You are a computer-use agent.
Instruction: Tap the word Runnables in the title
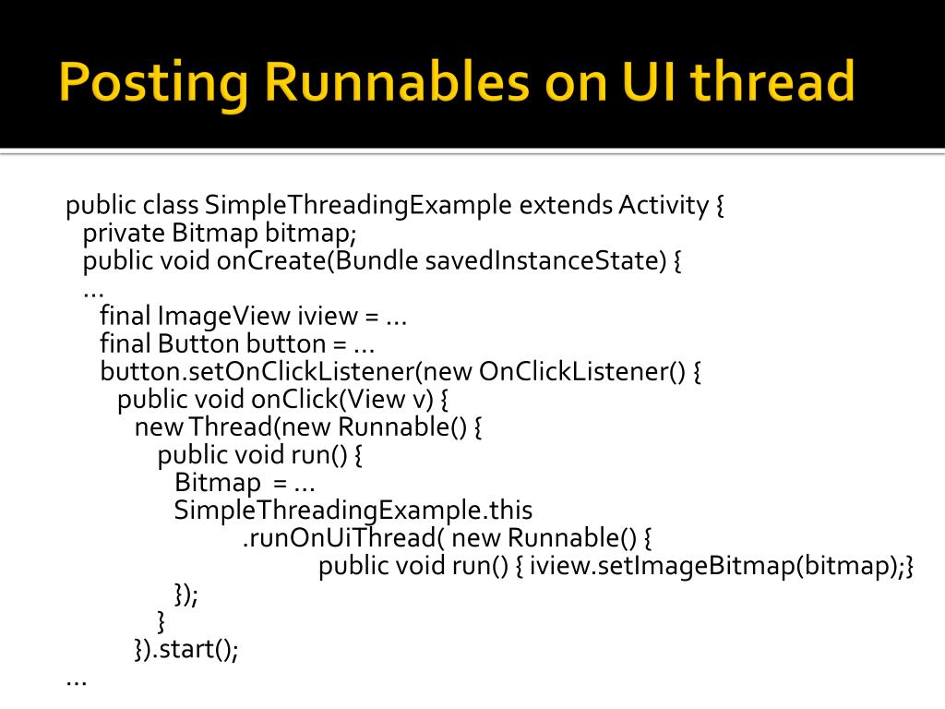coord(397,82)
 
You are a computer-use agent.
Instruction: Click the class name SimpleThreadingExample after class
coord(358,205)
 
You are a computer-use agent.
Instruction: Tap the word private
coord(124,233)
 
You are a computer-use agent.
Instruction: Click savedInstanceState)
coord(545,261)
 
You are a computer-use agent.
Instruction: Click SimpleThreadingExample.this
coord(353,511)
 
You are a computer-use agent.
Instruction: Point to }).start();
coord(186,650)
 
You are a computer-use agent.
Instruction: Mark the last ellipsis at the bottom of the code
coord(77,679)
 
